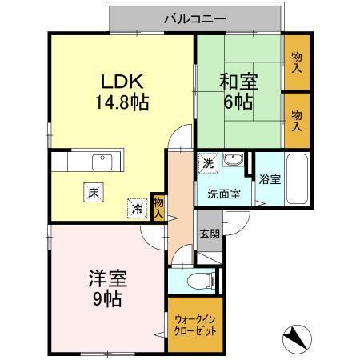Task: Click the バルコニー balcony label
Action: click(196, 17)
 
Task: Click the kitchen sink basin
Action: click(102, 162)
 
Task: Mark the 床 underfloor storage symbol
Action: click(94, 192)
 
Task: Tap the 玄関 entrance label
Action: click(210, 234)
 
